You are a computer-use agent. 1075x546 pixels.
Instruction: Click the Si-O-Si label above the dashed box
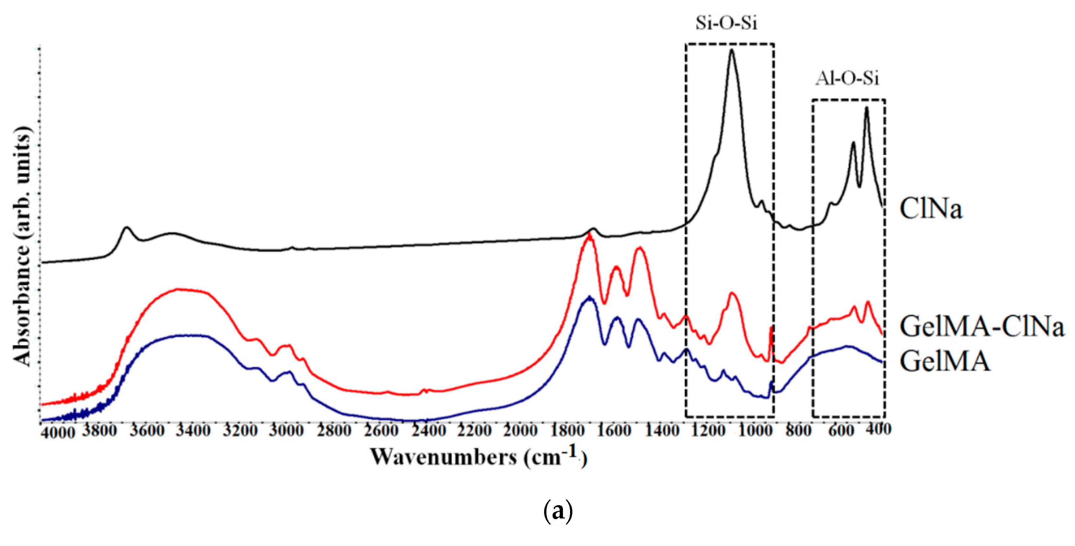tap(726, 23)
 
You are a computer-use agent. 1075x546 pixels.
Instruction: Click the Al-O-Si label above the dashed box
tap(847, 78)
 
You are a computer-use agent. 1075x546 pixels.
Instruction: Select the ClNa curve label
tap(930, 209)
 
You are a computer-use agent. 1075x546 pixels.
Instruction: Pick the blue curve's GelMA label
tap(944, 361)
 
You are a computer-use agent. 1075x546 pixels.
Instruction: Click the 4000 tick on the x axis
tap(58, 433)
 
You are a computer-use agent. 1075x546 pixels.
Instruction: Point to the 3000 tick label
tap(286, 430)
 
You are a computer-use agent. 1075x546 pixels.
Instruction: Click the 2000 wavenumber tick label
tap(520, 430)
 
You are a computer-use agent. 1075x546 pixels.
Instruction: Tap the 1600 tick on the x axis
tap(614, 430)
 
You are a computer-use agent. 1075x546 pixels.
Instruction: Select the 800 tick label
tap(798, 430)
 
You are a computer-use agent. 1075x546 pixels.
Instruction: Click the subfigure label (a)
tap(558, 511)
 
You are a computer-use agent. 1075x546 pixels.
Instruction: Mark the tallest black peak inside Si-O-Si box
tap(731, 51)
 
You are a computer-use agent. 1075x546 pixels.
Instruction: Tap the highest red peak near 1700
tap(589, 235)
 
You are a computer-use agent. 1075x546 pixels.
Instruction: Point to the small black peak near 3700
tap(127, 228)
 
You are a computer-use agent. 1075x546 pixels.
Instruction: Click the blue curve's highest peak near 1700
tap(589, 297)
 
